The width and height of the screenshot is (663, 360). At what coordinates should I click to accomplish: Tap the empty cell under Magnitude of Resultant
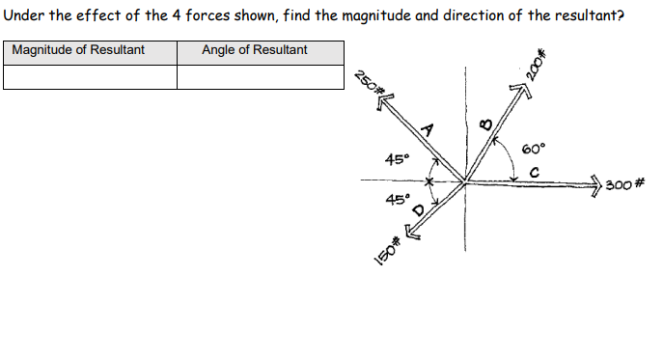(x=90, y=77)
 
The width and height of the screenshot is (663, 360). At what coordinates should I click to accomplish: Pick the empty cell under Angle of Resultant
(x=261, y=77)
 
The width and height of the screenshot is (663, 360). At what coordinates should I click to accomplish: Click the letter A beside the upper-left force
(x=428, y=130)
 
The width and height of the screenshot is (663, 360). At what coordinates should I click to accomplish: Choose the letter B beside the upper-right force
(x=485, y=123)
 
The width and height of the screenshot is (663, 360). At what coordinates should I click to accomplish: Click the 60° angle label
(x=533, y=150)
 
